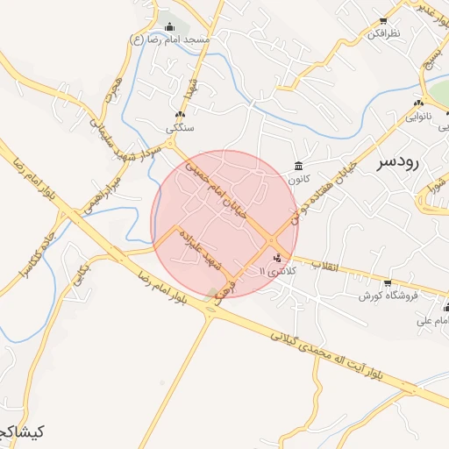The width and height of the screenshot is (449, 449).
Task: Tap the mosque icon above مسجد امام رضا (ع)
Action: coord(169,26)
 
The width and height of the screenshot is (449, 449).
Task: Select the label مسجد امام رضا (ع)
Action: coord(169,40)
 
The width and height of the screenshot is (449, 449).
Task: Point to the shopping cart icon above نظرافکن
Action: coord(383,18)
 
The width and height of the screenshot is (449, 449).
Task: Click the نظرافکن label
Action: coord(383,32)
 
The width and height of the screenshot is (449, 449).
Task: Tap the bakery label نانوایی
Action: coord(417,116)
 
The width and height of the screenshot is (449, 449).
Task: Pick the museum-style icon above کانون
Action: coord(299,166)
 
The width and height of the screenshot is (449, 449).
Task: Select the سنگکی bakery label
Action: coord(180,128)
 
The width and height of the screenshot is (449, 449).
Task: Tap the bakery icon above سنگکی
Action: coord(180,115)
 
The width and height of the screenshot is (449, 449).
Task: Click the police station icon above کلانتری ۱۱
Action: coord(278,258)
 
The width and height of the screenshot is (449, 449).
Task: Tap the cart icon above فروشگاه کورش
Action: coord(387,282)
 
